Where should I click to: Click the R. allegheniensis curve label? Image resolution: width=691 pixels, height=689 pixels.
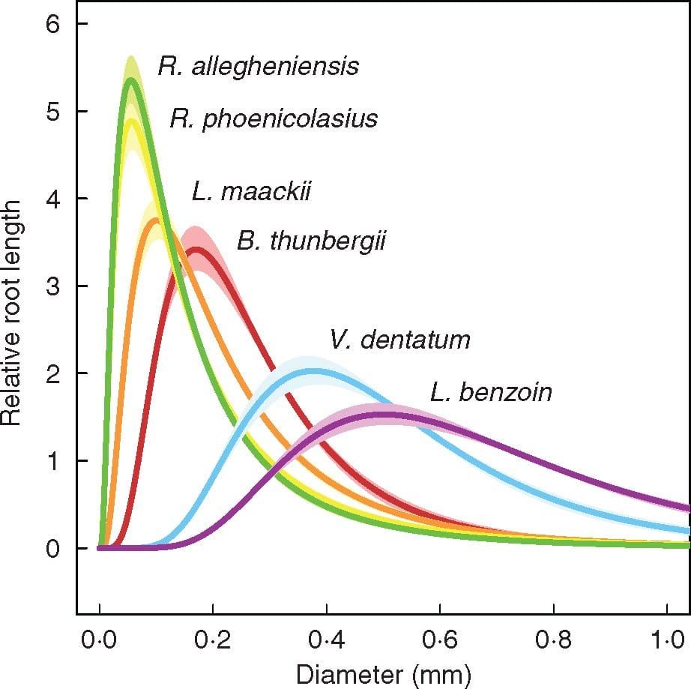click(259, 67)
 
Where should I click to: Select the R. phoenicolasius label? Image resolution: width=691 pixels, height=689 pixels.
click(274, 118)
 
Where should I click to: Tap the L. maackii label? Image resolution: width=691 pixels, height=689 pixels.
click(251, 193)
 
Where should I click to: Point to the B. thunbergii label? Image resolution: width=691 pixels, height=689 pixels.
click(311, 241)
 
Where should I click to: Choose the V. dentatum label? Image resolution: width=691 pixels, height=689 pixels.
click(399, 340)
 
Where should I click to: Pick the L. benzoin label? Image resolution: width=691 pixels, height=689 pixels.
click(491, 392)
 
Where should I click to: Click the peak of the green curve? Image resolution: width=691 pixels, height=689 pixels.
click(131, 79)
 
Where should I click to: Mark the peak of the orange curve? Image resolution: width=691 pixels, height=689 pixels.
click(156, 220)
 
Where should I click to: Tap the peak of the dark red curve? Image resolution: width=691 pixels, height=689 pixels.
click(196, 250)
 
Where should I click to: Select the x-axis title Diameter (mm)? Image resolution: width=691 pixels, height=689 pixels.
click(383, 674)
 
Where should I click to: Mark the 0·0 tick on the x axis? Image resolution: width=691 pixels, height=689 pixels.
click(100, 641)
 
